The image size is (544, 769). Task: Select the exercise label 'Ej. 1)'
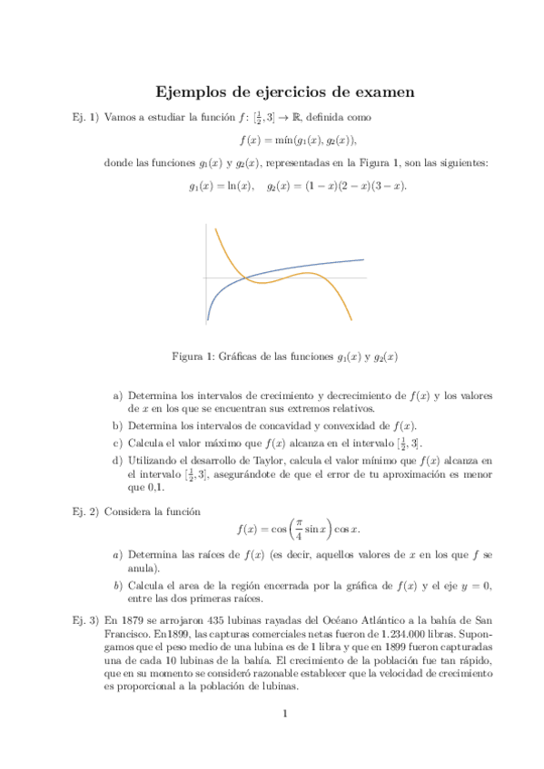click(78, 118)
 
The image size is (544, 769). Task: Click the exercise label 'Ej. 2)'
click(78, 511)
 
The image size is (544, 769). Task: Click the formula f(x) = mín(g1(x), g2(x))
click(298, 141)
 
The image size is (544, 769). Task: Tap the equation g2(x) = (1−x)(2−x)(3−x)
click(337, 186)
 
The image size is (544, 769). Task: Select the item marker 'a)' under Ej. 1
click(117, 396)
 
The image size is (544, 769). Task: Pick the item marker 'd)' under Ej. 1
click(117, 461)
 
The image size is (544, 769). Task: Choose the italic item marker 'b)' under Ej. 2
click(117, 585)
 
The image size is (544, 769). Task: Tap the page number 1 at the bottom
click(285, 714)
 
